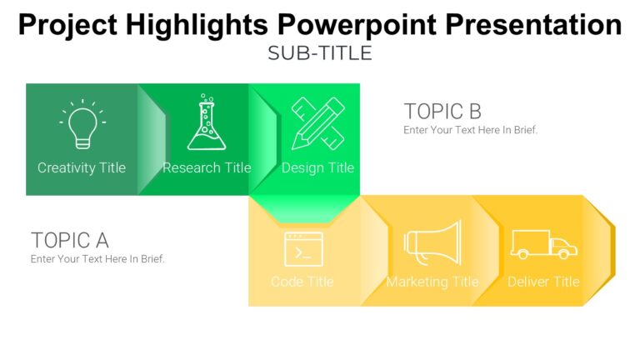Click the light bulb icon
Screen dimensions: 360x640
(82, 123)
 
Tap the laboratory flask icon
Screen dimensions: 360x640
(206, 122)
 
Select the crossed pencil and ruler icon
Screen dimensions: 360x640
(317, 123)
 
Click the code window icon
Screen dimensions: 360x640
(302, 248)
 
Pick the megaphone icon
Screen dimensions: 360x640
(432, 244)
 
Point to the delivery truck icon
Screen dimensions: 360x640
(543, 244)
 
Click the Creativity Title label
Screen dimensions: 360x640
(82, 167)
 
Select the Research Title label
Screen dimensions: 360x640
(207, 167)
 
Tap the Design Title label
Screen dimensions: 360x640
(317, 167)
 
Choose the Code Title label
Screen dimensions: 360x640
(302, 282)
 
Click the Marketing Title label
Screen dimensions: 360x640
(432, 282)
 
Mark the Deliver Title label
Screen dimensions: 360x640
(543, 282)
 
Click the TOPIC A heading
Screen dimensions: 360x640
(70, 240)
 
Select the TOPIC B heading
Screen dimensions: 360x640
(442, 111)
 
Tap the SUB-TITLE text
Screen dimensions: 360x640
(320, 53)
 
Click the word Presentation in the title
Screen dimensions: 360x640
(533, 24)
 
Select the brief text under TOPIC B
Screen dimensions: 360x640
(470, 130)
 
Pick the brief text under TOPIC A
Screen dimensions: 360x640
(97, 259)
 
